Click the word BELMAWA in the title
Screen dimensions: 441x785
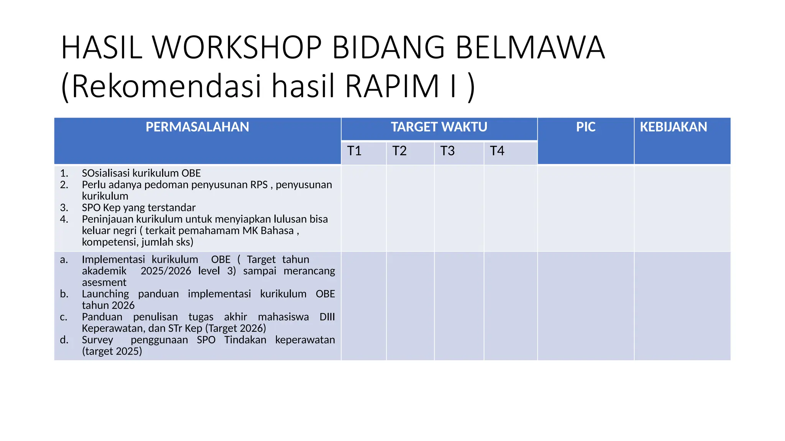point(530,47)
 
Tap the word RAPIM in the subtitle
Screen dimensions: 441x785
point(392,86)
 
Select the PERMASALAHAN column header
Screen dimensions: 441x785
point(197,127)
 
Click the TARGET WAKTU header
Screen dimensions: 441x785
point(439,127)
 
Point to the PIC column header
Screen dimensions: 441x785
point(585,127)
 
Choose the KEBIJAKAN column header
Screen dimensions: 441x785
point(673,127)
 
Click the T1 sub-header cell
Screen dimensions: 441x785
point(354,151)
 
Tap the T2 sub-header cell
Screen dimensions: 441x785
point(399,151)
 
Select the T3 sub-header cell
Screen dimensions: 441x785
point(447,151)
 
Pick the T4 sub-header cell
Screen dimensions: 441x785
point(497,151)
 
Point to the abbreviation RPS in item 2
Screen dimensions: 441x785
point(259,185)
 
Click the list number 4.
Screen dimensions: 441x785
point(64,219)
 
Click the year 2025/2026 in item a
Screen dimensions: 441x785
point(166,271)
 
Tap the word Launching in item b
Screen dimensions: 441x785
point(105,294)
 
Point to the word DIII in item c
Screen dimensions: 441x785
point(327,317)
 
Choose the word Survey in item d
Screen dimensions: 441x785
point(97,340)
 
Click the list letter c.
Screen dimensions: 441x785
point(64,317)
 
